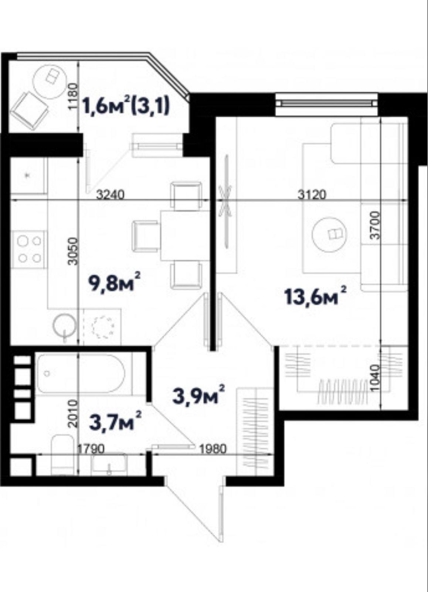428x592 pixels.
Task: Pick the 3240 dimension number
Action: click(110, 195)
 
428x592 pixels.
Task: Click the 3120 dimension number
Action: click(312, 195)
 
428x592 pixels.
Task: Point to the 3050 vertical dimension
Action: click(73, 251)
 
